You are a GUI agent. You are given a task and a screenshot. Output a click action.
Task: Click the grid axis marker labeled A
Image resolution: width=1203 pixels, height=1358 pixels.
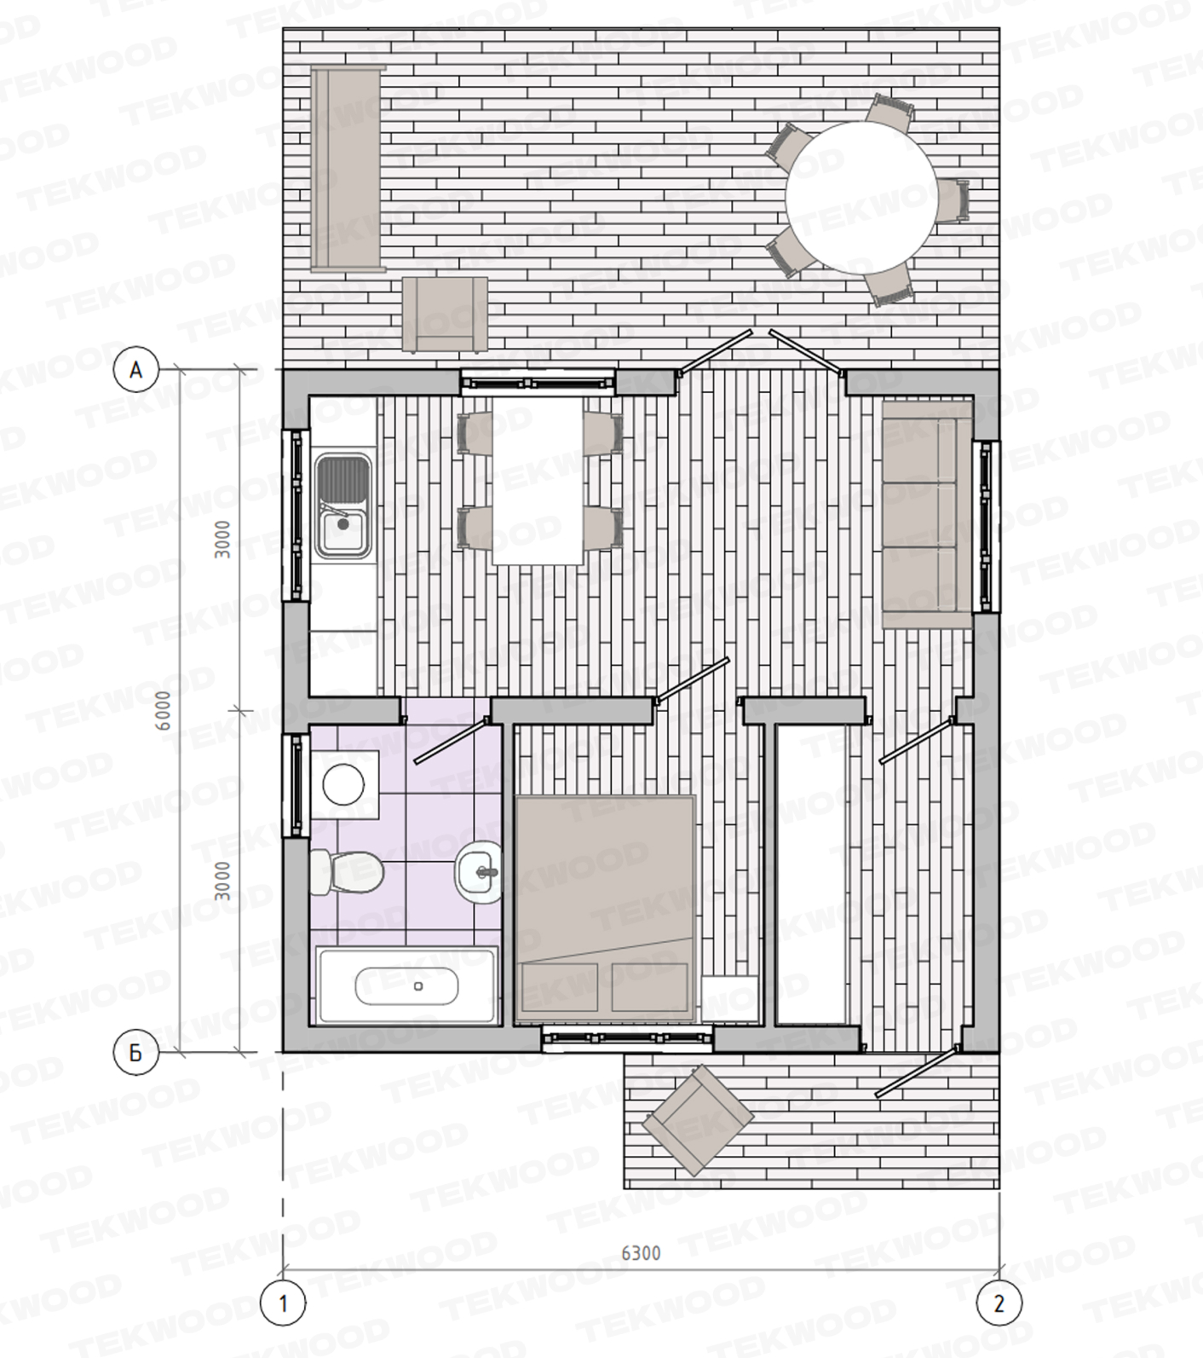click(x=135, y=370)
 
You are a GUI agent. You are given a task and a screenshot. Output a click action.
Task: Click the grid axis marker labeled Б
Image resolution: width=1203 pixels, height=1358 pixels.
click(x=135, y=1054)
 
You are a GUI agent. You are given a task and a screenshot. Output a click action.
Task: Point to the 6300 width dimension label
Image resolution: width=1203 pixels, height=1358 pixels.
click(x=641, y=1252)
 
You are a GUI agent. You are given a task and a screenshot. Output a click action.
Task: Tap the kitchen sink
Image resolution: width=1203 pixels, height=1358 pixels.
click(x=342, y=506)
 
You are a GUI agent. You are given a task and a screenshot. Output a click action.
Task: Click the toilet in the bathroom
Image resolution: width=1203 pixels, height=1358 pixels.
click(x=345, y=871)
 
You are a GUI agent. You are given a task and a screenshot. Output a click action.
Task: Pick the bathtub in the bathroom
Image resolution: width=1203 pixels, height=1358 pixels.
click(x=406, y=985)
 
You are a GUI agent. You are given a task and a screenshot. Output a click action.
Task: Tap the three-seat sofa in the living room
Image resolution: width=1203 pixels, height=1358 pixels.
click(x=927, y=515)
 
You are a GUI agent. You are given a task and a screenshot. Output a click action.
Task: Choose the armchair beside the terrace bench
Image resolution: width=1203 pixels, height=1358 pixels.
click(x=445, y=314)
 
